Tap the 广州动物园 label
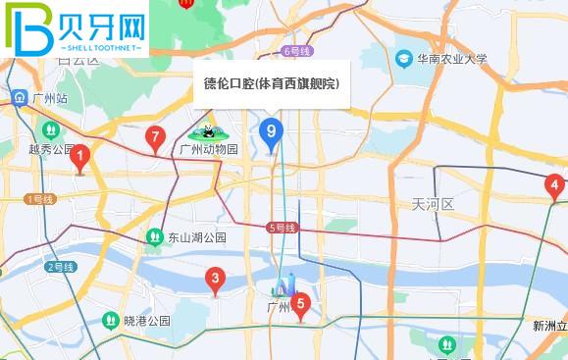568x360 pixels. (209, 150)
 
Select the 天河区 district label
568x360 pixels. (433, 204)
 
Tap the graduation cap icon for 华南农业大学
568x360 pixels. (404, 60)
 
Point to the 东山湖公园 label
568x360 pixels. (196, 237)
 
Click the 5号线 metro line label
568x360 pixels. (282, 228)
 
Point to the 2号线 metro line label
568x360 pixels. (61, 266)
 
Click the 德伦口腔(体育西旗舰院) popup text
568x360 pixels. (271, 84)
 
